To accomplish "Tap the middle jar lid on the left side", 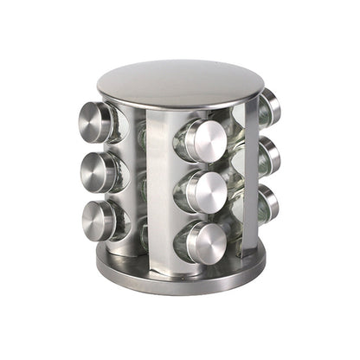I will pyautogui.click(x=97, y=170).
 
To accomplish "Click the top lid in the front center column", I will pyautogui.click(x=205, y=141).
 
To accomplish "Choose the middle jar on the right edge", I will pyautogui.click(x=269, y=155).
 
